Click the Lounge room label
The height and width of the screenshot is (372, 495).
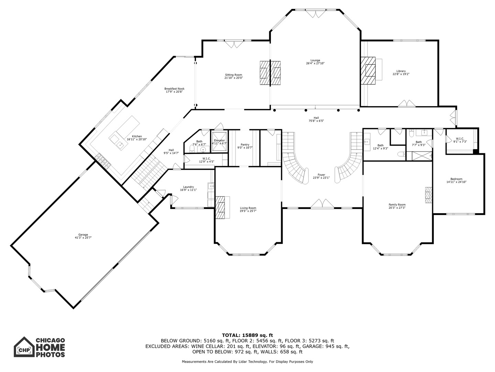tap(315, 60)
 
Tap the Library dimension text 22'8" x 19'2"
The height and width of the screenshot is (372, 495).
tap(401, 74)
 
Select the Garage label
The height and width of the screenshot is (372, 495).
tap(83, 235)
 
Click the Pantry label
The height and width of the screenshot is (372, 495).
tap(245, 145)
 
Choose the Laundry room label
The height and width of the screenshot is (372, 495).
tap(188, 187)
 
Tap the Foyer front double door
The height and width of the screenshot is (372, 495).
tap(322, 203)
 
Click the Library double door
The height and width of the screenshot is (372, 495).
tap(407, 103)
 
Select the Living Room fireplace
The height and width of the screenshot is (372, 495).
tap(220, 207)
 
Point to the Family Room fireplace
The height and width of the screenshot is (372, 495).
tap(428, 195)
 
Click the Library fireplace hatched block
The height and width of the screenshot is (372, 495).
tap(368, 71)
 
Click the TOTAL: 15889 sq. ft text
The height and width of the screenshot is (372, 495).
tap(247, 335)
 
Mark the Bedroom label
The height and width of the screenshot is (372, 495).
tap(456, 179)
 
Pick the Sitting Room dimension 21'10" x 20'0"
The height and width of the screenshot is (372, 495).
tap(233, 78)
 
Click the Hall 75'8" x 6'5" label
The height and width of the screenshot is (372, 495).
tap(316, 119)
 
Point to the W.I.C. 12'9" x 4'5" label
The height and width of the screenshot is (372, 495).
tap(207, 160)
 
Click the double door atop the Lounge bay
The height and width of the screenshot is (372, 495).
tap(316, 13)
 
